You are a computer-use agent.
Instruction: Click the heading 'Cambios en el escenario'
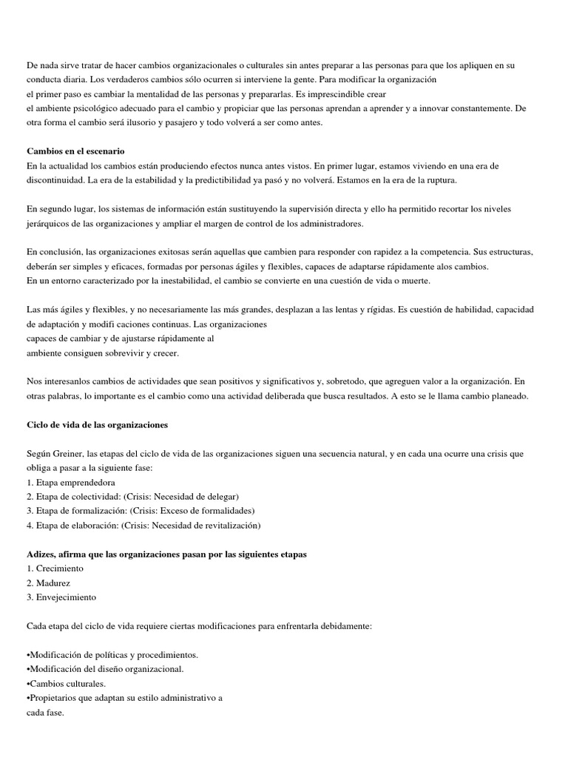click(x=75, y=152)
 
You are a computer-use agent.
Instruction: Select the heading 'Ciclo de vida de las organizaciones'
click(x=97, y=425)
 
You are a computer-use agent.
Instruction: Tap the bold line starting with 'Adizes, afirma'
click(x=166, y=554)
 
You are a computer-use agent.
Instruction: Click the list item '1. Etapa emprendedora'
click(x=70, y=483)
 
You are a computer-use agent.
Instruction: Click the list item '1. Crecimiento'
click(x=55, y=568)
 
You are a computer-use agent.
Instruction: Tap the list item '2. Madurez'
click(x=48, y=583)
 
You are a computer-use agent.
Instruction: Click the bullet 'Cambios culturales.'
click(x=66, y=684)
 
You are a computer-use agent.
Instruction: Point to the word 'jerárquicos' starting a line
click(x=49, y=223)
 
